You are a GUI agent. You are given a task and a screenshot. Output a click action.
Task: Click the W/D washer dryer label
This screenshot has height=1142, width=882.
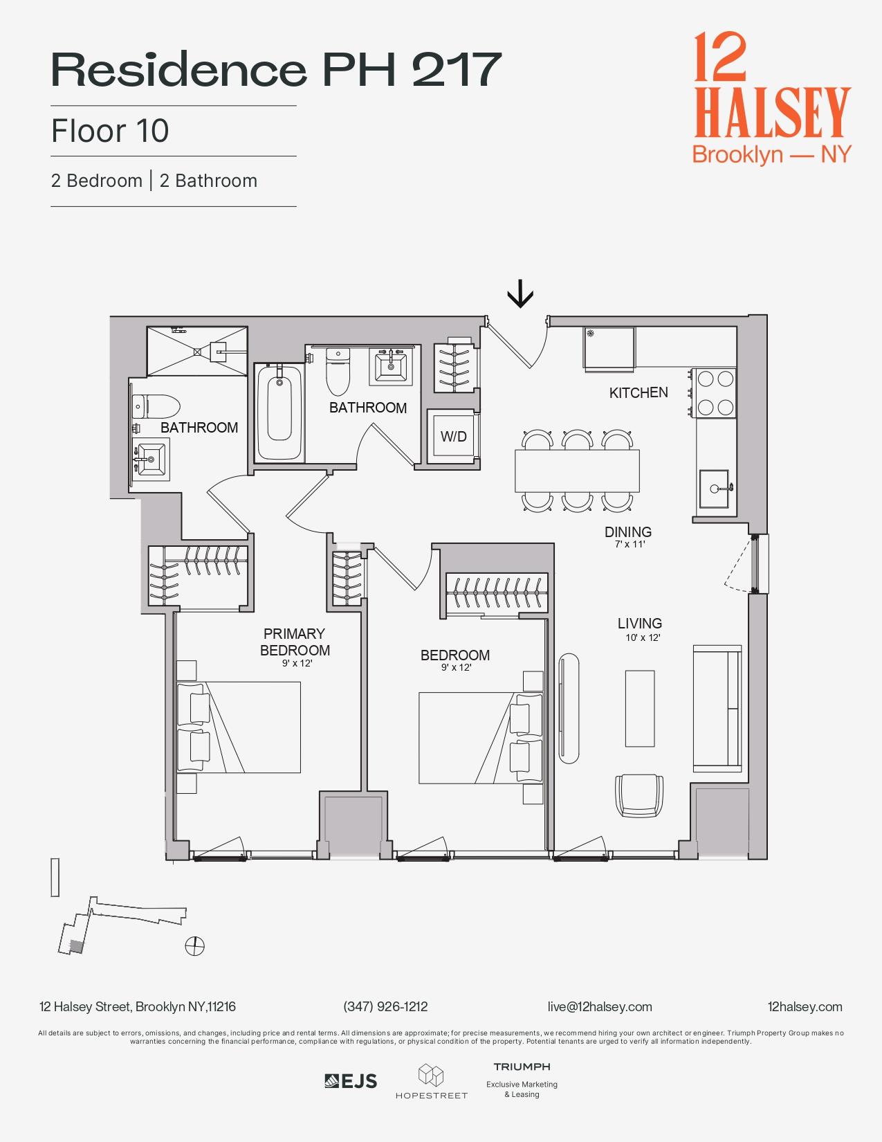click(x=453, y=437)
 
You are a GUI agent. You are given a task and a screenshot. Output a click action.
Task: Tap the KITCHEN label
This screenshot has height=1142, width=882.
click(x=638, y=392)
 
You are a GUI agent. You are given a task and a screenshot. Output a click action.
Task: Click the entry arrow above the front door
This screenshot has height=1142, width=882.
click(x=520, y=296)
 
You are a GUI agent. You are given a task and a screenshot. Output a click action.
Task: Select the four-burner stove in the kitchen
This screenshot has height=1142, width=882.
click(x=715, y=393)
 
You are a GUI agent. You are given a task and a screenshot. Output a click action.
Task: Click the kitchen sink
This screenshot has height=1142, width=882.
click(x=714, y=488)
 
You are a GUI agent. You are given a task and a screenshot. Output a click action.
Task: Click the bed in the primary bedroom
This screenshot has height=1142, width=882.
click(x=239, y=727)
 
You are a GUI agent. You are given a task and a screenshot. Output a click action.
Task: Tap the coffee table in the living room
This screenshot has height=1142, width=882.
click(x=639, y=707)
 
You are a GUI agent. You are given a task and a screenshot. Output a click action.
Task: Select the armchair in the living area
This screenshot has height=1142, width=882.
click(x=638, y=795)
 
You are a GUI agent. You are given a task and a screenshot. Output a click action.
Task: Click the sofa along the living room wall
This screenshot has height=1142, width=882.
click(x=718, y=709)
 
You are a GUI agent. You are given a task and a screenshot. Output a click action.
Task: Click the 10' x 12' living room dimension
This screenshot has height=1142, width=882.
click(x=643, y=637)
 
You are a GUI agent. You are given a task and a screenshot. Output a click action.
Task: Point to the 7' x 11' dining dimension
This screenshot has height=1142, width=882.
click(x=630, y=544)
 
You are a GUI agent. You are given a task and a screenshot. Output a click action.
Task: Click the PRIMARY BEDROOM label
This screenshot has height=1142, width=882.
click(x=295, y=642)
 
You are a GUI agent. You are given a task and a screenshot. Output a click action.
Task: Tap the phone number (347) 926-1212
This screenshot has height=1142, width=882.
click(x=385, y=1006)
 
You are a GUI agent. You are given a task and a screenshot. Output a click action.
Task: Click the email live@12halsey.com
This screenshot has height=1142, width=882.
click(x=599, y=1006)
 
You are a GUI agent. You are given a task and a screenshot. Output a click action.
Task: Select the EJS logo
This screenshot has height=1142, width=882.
click(x=351, y=1080)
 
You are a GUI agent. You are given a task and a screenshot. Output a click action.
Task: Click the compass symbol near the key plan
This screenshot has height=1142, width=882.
click(x=195, y=945)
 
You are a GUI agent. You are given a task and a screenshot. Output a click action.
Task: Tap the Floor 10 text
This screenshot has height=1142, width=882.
click(x=110, y=131)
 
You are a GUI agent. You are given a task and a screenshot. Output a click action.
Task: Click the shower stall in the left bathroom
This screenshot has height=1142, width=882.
click(x=196, y=351)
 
